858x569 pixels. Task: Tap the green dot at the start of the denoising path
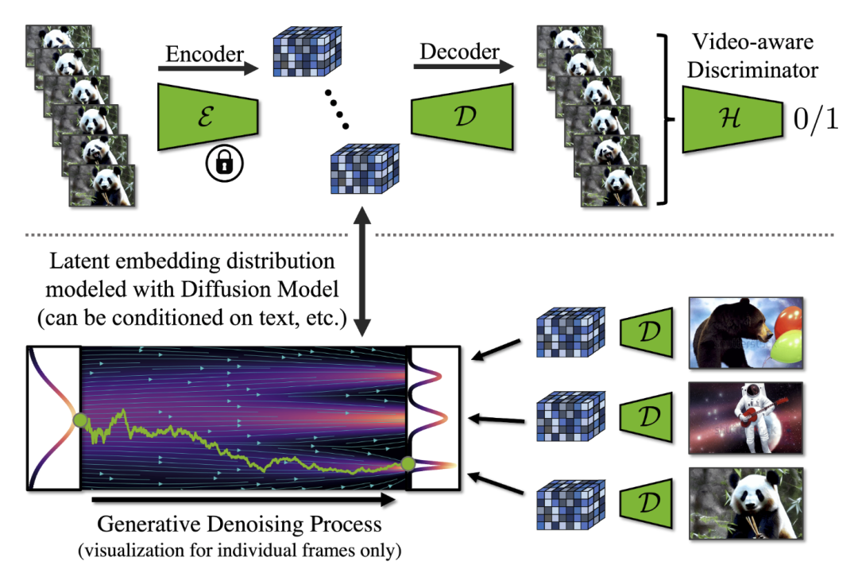(x=80, y=420)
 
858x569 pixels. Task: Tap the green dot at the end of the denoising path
(x=408, y=463)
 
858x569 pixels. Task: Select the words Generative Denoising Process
(x=240, y=525)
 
